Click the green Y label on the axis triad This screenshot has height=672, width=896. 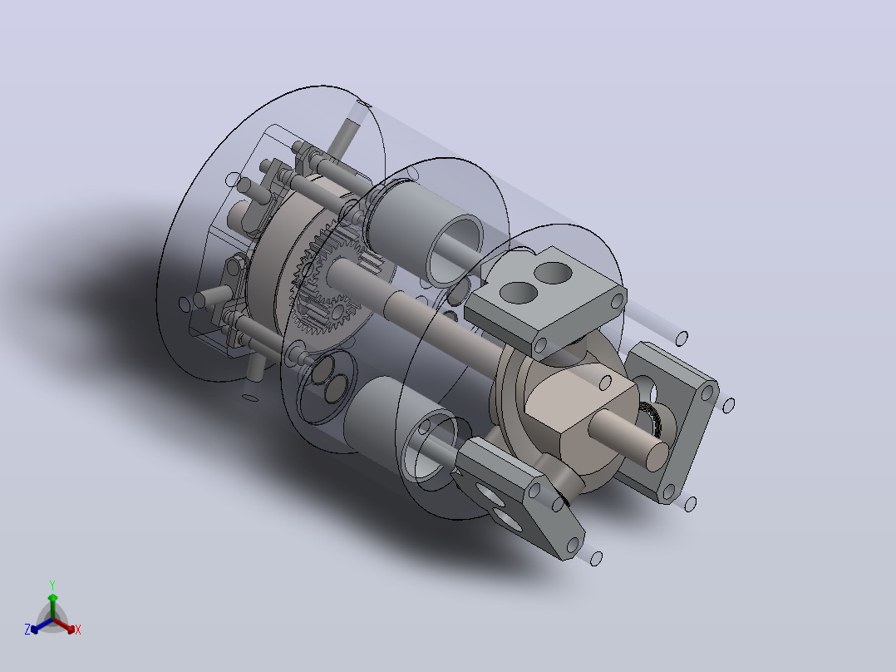coord(52,586)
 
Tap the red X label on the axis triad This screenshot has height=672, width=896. coord(78,630)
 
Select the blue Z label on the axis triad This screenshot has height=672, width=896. coord(27,630)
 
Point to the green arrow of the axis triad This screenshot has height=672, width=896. coord(52,605)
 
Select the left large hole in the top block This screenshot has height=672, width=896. coord(519,293)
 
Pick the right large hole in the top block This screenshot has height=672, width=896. coord(553,274)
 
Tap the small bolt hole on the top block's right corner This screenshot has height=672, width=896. coord(618,301)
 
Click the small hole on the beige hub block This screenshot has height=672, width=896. coord(605,383)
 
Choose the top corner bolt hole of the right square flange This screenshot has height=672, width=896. coord(708,393)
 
